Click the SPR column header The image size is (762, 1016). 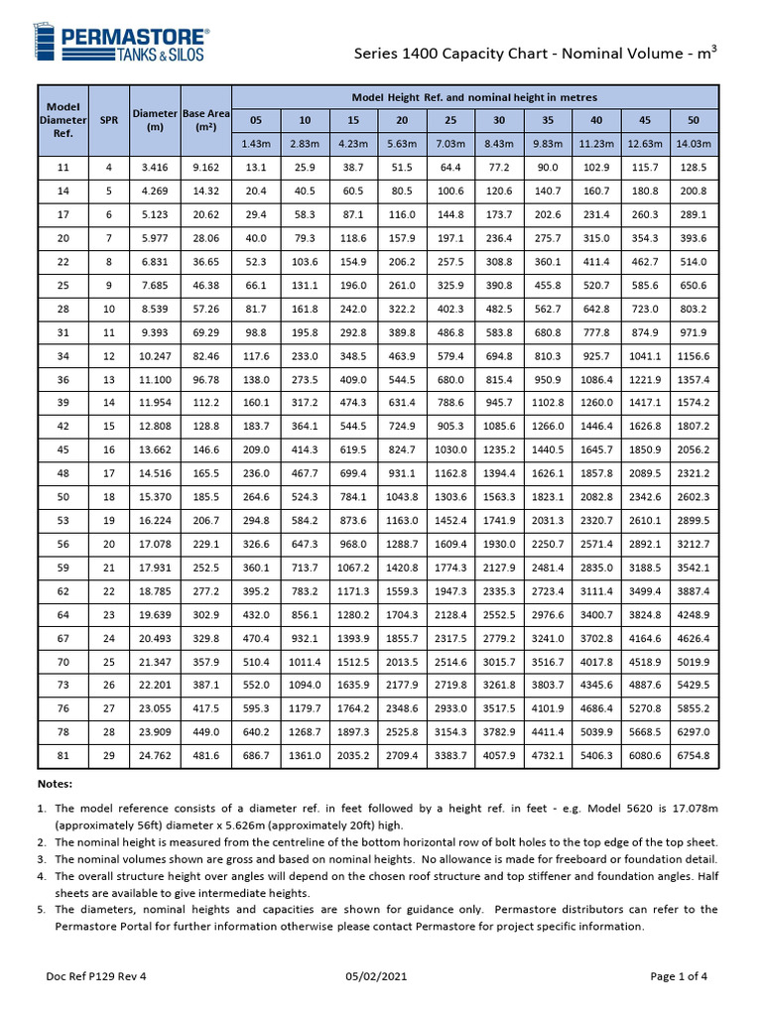click(108, 120)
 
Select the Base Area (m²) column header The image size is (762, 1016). click(205, 120)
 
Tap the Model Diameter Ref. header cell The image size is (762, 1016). click(63, 120)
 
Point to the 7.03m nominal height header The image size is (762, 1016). click(450, 144)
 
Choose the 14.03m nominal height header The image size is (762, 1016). click(694, 144)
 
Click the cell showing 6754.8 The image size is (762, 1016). click(694, 755)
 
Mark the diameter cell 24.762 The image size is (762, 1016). click(154, 755)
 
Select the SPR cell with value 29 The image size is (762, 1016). click(108, 755)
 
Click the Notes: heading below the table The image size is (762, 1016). click(56, 784)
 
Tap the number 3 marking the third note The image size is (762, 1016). click(43, 858)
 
